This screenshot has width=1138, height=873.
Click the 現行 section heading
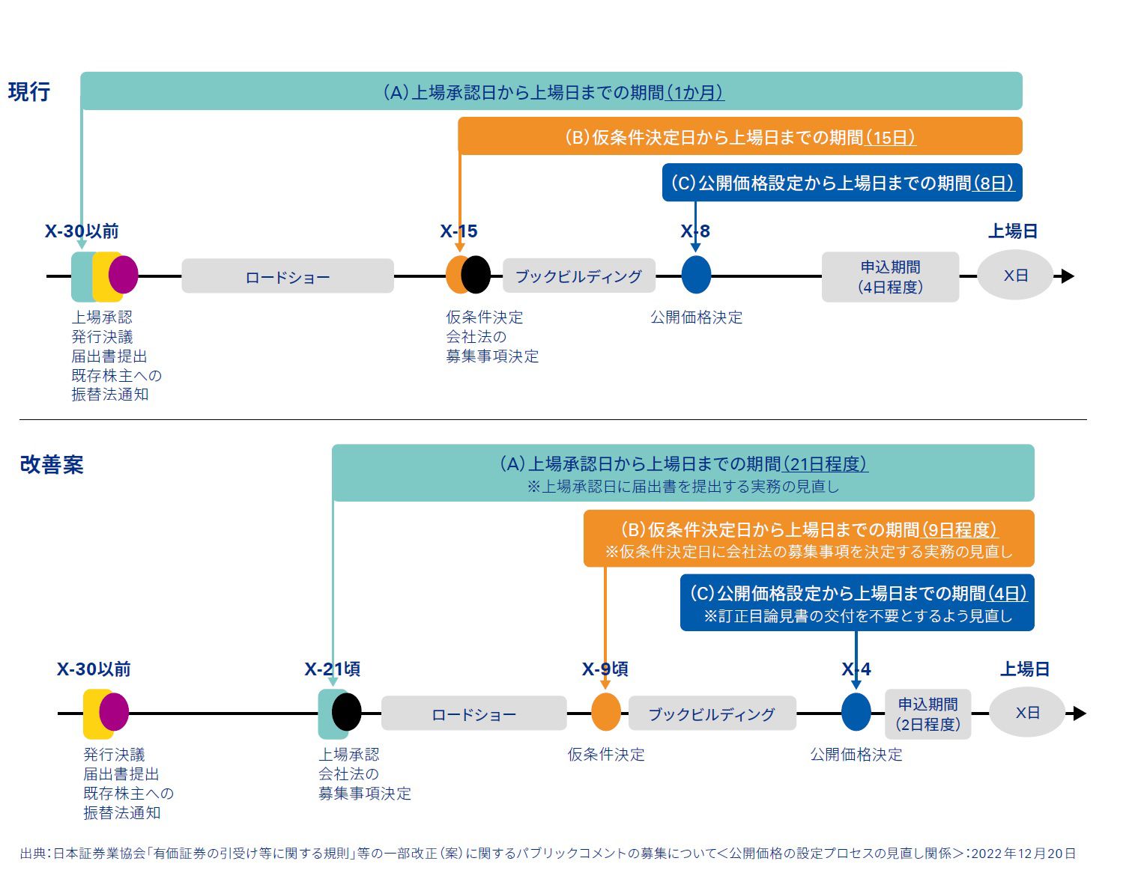[x=29, y=92]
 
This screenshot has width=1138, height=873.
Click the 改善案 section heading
[x=52, y=464]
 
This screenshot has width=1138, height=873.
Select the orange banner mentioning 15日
[x=739, y=137]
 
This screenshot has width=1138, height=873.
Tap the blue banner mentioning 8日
[x=842, y=183]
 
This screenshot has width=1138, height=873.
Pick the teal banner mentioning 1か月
[x=551, y=92]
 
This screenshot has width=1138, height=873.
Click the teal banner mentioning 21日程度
[x=683, y=473]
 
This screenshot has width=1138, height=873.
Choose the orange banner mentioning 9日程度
[x=808, y=539]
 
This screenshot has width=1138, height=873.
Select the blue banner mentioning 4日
[x=857, y=603]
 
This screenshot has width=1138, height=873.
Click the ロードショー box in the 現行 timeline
[x=288, y=277]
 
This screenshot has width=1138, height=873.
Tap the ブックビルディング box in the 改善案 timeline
[x=711, y=714]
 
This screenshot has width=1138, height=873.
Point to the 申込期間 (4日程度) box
[x=890, y=277]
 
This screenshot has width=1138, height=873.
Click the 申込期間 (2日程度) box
[x=927, y=714]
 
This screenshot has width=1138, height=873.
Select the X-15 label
[x=458, y=231]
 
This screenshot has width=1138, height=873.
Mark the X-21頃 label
[x=332, y=669]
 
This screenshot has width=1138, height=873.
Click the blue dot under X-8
[x=696, y=275]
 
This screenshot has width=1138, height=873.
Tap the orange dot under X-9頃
[x=606, y=712]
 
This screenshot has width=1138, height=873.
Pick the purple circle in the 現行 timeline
[x=124, y=275]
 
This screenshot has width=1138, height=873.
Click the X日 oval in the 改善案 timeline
[x=1027, y=713]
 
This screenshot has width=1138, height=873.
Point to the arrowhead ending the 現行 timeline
[x=1068, y=276]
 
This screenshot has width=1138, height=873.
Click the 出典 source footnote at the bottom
[x=548, y=854]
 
